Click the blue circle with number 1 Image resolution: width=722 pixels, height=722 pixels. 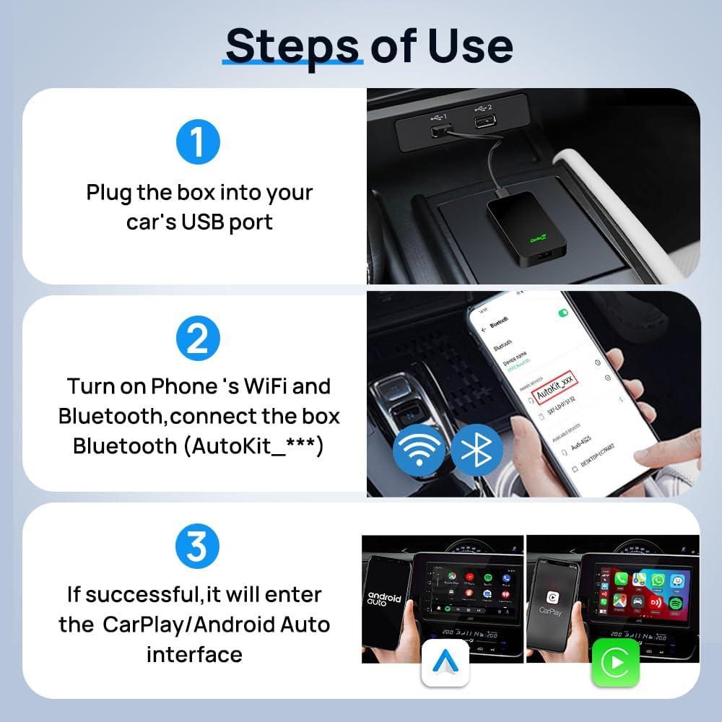(x=198, y=142)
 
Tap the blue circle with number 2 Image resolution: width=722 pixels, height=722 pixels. (x=198, y=339)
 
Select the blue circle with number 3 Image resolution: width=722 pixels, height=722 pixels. (x=198, y=548)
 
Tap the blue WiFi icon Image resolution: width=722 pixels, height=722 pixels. (x=419, y=449)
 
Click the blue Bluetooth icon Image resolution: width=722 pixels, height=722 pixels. (x=477, y=449)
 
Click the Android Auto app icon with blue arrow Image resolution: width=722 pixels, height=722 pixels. (x=445, y=661)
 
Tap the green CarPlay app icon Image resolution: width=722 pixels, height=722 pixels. (x=615, y=661)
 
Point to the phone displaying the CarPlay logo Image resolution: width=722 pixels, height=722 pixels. (x=550, y=599)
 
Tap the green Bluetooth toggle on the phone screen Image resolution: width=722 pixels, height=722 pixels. (x=563, y=313)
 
